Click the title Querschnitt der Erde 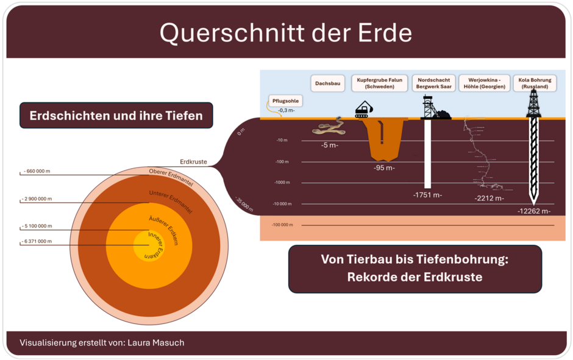[286, 33]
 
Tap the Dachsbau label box [328, 83]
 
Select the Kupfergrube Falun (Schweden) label [380, 83]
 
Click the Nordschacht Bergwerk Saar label [433, 83]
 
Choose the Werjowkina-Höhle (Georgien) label [484, 83]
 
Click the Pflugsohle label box [285, 101]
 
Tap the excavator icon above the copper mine [364, 110]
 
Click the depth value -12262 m [534, 211]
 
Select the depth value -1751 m [427, 195]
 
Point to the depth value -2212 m [489, 198]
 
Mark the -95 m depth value [384, 168]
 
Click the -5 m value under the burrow [330, 146]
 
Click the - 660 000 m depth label [37, 171]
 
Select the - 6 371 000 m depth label [38, 241]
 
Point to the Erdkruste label [193, 162]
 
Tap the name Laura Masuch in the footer [155, 342]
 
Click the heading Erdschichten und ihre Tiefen [116, 115]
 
